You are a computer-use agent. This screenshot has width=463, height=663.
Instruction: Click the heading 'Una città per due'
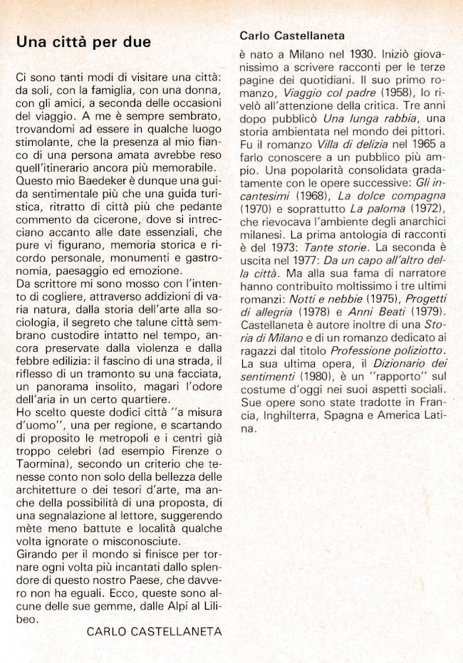[83, 42]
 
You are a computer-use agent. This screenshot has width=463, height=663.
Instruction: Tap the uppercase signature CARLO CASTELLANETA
[154, 631]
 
